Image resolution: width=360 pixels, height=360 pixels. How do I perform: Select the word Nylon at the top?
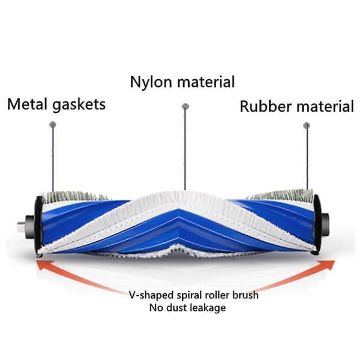click(151, 82)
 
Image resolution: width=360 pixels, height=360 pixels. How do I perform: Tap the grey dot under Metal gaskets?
click(53, 125)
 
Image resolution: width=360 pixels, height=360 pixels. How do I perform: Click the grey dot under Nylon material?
click(185, 106)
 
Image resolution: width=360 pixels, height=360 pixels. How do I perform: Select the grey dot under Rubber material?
click(307, 125)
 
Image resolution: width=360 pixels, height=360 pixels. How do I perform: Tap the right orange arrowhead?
click(327, 265)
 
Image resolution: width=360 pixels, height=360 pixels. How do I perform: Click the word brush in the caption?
click(245, 295)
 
